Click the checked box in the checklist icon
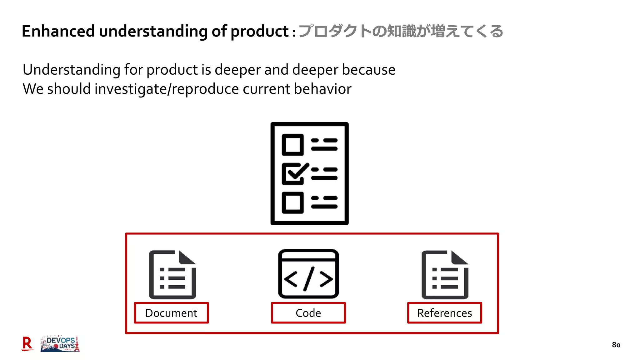(293, 174)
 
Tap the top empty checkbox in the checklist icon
(293, 145)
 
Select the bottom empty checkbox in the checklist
(293, 203)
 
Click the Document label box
(171, 313)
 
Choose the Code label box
(308, 313)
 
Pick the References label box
(444, 313)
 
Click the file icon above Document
(172, 275)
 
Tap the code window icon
(308, 274)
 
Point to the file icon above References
(445, 275)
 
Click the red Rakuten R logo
(27, 344)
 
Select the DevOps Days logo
(60, 344)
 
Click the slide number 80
(616, 345)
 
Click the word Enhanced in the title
(58, 31)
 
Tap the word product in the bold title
(259, 31)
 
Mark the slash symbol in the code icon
(308, 278)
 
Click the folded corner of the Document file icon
(187, 257)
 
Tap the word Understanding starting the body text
(71, 70)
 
